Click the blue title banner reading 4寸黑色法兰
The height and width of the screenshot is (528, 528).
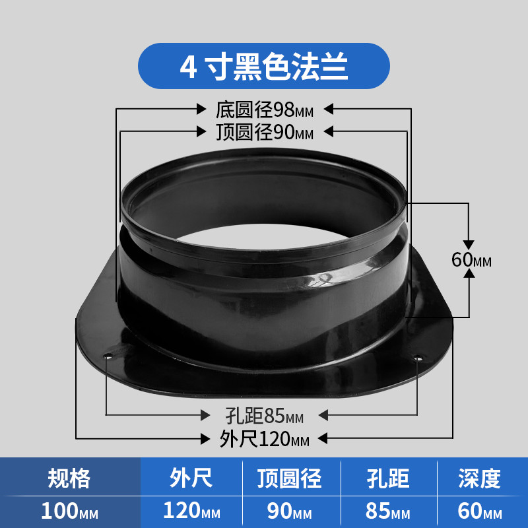pyautogui.click(x=263, y=66)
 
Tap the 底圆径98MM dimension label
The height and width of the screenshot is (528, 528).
pyautogui.click(x=265, y=110)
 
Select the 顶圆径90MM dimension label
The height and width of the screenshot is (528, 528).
pyautogui.click(x=265, y=132)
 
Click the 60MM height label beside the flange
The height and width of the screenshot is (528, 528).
pyautogui.click(x=471, y=259)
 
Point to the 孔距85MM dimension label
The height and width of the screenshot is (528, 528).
pyautogui.click(x=265, y=416)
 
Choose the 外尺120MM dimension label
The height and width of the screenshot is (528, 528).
pyautogui.click(x=265, y=439)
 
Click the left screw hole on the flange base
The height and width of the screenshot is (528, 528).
pyautogui.click(x=108, y=356)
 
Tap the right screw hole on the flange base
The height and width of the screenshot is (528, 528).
pyautogui.click(x=418, y=358)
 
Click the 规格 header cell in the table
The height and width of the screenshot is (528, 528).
pyautogui.click(x=69, y=478)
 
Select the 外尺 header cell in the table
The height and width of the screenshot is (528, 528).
pyautogui.click(x=191, y=478)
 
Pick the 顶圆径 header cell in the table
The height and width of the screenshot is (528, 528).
pyautogui.click(x=290, y=478)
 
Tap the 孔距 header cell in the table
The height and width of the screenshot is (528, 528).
pyautogui.click(x=388, y=478)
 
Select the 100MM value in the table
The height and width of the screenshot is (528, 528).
pyautogui.click(x=70, y=511)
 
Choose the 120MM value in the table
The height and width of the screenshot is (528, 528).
pyautogui.click(x=191, y=511)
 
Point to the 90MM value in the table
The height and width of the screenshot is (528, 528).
pyautogui.click(x=290, y=511)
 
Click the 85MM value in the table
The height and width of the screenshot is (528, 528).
pyautogui.click(x=388, y=511)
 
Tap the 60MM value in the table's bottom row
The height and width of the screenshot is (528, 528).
pyautogui.click(x=480, y=511)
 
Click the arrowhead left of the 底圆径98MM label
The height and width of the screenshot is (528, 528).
pyautogui.click(x=201, y=109)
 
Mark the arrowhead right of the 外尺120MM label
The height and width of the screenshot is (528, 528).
pyautogui.click(x=322, y=438)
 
